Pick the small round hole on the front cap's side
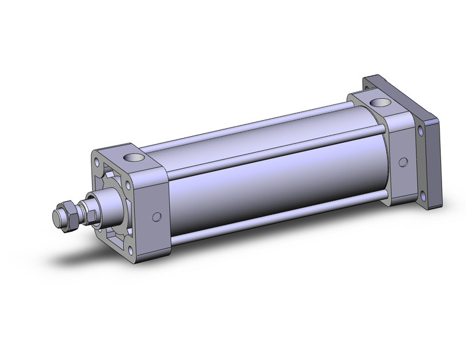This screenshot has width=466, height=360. point(157,216)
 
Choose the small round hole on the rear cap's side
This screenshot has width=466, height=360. point(403,162)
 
